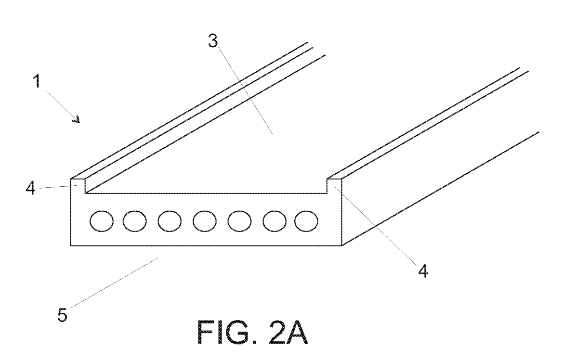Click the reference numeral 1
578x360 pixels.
38,80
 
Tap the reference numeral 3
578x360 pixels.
213,41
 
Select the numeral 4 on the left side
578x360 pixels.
30,188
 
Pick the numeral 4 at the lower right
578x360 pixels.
423,270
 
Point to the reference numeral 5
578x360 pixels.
63,315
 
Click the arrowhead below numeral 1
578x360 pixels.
77,119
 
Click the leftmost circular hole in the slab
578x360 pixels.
102,221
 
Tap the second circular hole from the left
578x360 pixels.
135,221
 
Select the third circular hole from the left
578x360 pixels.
170,221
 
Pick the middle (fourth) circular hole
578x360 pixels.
205,221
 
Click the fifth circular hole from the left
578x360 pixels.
239,221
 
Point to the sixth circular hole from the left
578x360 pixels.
275,221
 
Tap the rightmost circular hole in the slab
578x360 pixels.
306,221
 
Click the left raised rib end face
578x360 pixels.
78,186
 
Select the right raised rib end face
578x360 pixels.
334,186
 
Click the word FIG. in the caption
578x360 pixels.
227,332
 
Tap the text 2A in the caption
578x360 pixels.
289,332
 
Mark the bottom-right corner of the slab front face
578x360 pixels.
342,245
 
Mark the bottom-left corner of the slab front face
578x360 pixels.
71,245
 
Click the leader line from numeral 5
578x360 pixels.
114,283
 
